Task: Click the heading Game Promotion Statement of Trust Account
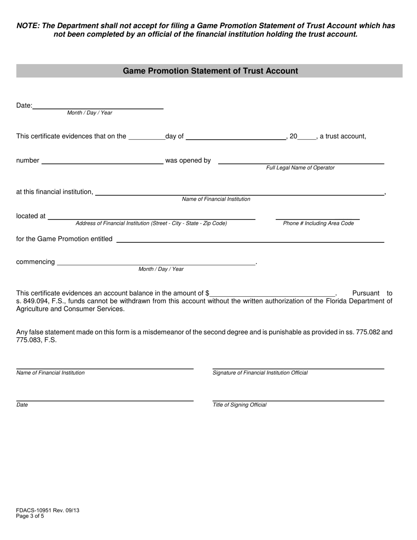(210, 71)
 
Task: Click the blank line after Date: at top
(98, 105)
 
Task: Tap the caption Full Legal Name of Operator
(300, 168)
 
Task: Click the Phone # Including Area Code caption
(318, 223)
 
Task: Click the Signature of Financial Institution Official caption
(260, 373)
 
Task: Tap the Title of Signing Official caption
(239, 405)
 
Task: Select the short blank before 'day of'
(146, 137)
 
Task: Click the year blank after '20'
(306, 137)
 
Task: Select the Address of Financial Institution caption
(151, 223)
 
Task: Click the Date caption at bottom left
(22, 405)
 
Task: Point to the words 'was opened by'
(188, 160)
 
